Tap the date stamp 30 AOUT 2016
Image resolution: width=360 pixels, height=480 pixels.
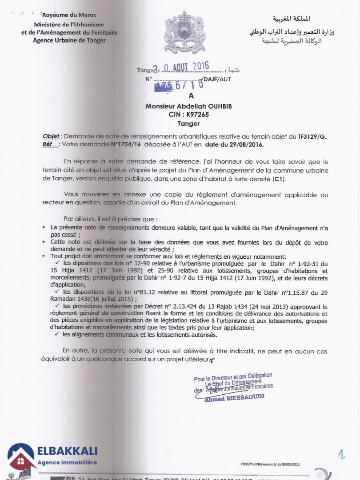coord(180,68)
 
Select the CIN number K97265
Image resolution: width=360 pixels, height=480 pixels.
coord(197,115)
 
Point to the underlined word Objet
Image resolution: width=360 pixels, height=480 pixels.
coord(51,136)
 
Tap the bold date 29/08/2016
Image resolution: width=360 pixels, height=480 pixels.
coord(246,144)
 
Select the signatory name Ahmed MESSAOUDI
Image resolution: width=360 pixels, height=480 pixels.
coord(234,398)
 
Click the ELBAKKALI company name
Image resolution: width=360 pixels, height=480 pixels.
coord(67,452)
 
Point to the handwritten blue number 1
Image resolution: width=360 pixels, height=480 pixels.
coord(341,454)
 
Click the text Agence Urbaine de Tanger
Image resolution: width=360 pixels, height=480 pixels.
coord(69,40)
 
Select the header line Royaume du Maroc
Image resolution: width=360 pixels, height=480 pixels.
coord(69,15)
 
